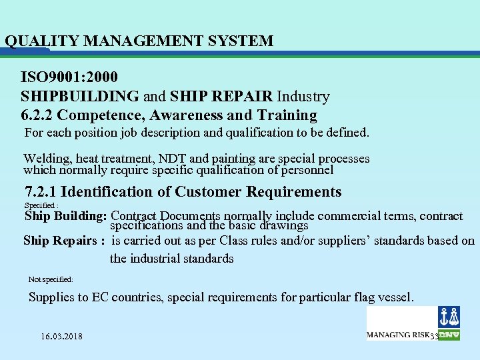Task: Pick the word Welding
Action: coord(47,159)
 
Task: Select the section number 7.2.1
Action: coord(41,192)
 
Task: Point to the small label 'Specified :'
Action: coord(41,205)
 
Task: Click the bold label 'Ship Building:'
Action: coord(65,217)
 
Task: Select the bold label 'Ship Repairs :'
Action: coord(64,241)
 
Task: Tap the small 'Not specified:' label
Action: coord(51,279)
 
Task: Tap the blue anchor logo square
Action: coord(449,317)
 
